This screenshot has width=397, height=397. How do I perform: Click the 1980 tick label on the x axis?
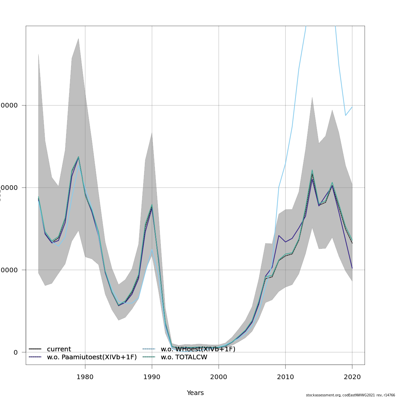pyautogui.click(x=85, y=377)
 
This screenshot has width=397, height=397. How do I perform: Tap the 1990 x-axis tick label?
pyautogui.click(x=152, y=377)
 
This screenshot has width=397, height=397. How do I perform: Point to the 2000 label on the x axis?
pyautogui.click(x=219, y=377)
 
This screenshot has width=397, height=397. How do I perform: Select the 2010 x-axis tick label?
pyautogui.click(x=285, y=377)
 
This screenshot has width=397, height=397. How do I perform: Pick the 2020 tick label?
pyautogui.click(x=352, y=377)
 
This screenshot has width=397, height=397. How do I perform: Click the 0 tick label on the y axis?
pyautogui.click(x=16, y=352)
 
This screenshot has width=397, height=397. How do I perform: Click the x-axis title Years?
pyautogui.click(x=195, y=393)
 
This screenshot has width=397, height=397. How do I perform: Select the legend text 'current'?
pyautogui.click(x=59, y=349)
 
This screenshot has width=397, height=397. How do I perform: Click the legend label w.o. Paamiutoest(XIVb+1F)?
pyautogui.click(x=92, y=357)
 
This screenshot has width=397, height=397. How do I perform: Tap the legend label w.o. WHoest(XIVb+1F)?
pyautogui.click(x=198, y=349)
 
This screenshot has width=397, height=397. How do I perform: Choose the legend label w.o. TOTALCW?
pyautogui.click(x=184, y=357)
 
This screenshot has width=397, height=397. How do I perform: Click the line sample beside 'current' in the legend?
pyautogui.click(x=35, y=349)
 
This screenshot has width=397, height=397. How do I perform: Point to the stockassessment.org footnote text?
pyautogui.click(x=350, y=395)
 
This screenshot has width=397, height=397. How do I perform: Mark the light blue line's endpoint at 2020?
pyautogui.click(x=352, y=107)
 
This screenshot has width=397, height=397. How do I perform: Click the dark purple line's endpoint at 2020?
pyautogui.click(x=352, y=268)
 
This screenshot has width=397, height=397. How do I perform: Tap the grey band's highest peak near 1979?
pyautogui.click(x=78, y=39)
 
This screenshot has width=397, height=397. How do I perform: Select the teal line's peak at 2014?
pyautogui.click(x=312, y=170)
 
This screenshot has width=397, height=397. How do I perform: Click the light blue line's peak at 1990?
pyautogui.click(x=152, y=249)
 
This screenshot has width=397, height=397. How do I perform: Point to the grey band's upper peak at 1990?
pyautogui.click(x=152, y=132)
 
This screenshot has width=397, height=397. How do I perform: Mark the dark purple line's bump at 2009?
pyautogui.click(x=279, y=236)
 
